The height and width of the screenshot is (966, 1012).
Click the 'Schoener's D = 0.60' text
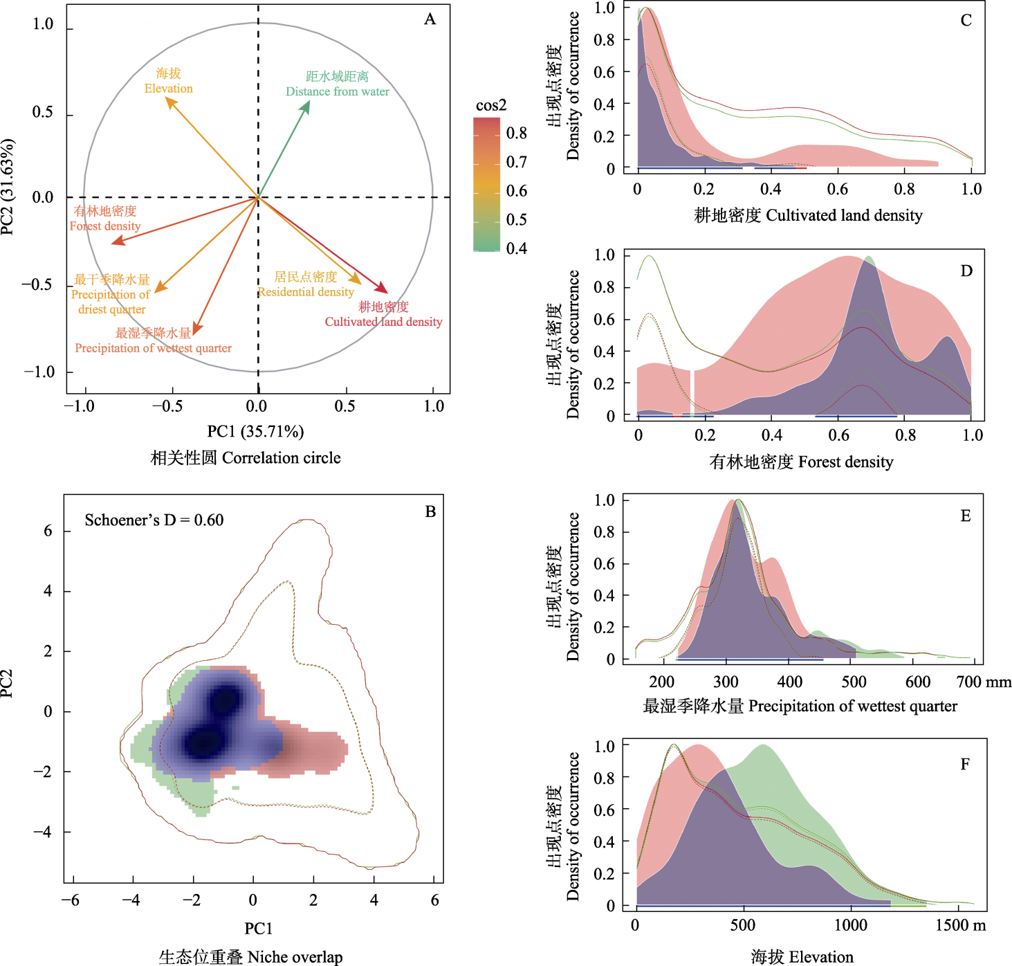pyautogui.click(x=154, y=520)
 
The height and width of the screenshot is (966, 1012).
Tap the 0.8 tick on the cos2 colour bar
pyautogui.click(x=516, y=134)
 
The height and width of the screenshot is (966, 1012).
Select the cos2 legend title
pyautogui.click(x=491, y=105)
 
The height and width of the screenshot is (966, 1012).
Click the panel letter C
pyautogui.click(x=966, y=21)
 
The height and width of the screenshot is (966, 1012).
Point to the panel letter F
pyautogui.click(x=965, y=765)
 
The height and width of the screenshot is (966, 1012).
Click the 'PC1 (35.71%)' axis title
pyautogui.click(x=255, y=432)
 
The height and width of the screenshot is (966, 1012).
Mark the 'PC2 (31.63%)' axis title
pyautogui.click(x=8, y=188)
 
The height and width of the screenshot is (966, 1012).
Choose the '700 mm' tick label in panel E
pyautogui.click(x=984, y=682)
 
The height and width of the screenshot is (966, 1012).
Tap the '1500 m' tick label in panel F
pyautogui.click(x=961, y=925)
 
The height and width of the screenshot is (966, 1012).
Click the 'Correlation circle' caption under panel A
pyautogui.click(x=246, y=458)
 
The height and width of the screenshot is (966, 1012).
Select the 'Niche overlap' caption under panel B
pyautogui.click(x=250, y=957)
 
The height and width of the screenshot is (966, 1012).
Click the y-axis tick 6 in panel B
pyautogui.click(x=48, y=531)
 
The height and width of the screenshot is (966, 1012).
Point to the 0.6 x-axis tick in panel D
pyautogui.click(x=838, y=435)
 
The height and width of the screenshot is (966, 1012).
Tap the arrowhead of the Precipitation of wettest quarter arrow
pyautogui.click(x=196, y=331)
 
